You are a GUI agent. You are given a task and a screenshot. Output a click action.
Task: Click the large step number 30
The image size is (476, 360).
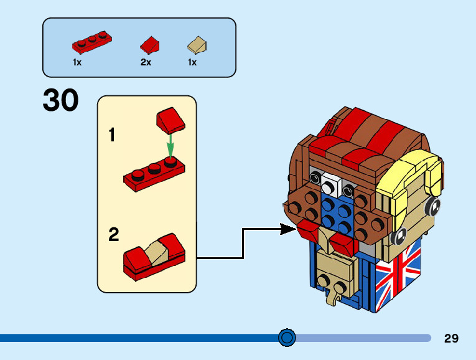[x=61, y=101]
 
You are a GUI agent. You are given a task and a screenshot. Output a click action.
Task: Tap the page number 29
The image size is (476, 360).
[x=451, y=338]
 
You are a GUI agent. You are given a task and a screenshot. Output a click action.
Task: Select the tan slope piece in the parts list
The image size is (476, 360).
[x=197, y=45]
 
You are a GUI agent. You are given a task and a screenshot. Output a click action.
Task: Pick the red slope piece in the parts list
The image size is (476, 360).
[x=150, y=45]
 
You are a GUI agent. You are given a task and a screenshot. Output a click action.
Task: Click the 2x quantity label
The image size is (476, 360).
[x=146, y=62]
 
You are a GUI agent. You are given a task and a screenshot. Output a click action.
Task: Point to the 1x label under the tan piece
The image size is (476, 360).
[x=192, y=62]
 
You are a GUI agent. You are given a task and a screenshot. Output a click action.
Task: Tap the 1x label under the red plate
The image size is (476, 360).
[x=77, y=62]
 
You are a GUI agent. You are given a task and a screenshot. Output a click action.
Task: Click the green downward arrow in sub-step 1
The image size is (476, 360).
[x=169, y=147]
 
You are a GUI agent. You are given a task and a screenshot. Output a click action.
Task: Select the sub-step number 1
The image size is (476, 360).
[x=112, y=135]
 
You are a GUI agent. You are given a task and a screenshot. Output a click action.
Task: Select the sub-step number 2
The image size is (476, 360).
[x=113, y=235]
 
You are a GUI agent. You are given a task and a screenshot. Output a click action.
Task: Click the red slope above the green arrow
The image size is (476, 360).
[x=169, y=120]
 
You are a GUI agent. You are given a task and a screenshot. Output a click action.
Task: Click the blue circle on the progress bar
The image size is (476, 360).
[x=287, y=338]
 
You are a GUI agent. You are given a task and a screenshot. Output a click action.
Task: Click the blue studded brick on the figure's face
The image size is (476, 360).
[x=337, y=211]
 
